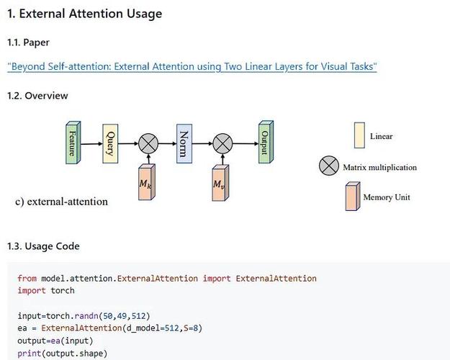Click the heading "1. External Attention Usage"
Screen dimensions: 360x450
(84, 14)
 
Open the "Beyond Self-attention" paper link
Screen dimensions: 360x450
(192, 67)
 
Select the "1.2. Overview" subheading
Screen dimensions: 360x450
(37, 96)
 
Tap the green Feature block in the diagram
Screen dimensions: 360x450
(71, 143)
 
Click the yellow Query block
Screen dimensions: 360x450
(109, 143)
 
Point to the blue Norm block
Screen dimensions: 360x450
(184, 143)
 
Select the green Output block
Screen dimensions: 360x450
(265, 143)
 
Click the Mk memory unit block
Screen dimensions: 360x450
(146, 184)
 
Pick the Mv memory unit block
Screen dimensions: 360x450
(220, 184)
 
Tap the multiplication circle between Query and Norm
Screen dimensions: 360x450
(148, 144)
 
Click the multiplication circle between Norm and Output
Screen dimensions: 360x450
(222, 144)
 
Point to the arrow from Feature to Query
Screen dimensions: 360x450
(90, 144)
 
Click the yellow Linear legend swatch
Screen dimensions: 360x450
(359, 135)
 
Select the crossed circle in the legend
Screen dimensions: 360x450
(328, 167)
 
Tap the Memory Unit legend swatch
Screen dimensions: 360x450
(352, 197)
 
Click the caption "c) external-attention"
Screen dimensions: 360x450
(61, 202)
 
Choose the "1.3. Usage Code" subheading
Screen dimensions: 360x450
(43, 246)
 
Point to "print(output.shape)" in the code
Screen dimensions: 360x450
(63, 353)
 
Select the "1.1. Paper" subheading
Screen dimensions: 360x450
(28, 42)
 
